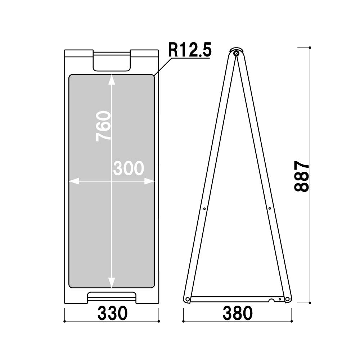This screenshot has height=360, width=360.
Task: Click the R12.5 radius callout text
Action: (189, 50)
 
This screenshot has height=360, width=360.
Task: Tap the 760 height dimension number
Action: (103, 126)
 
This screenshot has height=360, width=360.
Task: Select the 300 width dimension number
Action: (129, 168)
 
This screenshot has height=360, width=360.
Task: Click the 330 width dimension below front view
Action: (112, 313)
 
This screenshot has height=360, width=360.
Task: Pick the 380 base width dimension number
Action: (238, 313)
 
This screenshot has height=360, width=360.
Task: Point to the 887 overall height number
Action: (301, 176)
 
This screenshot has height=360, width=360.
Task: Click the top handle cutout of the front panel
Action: (112, 61)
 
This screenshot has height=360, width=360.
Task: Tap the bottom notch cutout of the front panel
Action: (112, 298)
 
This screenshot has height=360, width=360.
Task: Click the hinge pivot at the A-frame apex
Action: (236, 53)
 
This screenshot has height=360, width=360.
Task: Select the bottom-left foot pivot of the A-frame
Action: (187, 299)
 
